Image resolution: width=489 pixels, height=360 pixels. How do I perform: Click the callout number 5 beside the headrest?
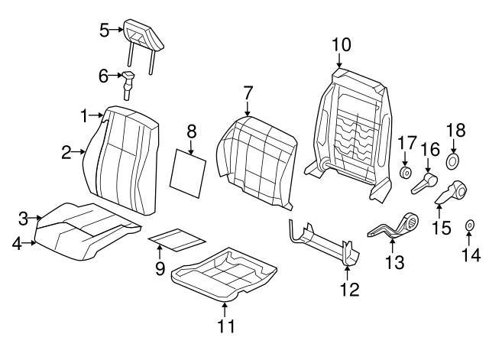pyautogui.click(x=105, y=31)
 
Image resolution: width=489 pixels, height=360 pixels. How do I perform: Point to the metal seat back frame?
pyautogui.click(x=348, y=130)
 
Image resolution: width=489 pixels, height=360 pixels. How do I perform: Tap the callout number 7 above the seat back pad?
pyautogui.click(x=248, y=93)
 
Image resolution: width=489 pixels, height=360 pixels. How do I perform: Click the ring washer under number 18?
pyautogui.click(x=452, y=161)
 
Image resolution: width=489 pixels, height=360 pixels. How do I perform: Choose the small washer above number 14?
pyautogui.click(x=468, y=225)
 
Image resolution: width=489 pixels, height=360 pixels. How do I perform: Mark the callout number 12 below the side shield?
pyautogui.click(x=348, y=290)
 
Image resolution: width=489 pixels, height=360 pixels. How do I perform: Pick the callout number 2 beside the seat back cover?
pyautogui.click(x=66, y=152)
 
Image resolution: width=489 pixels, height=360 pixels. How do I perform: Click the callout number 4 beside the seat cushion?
pyautogui.click(x=18, y=244)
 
